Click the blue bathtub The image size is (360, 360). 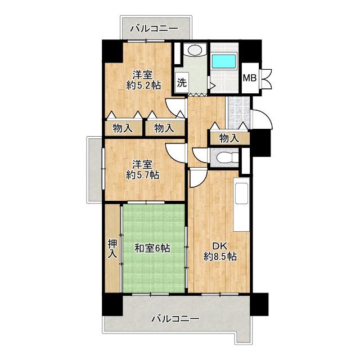click(x=224, y=61)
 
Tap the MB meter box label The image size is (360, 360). click(x=250, y=78)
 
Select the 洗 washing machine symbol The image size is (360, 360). click(x=182, y=82)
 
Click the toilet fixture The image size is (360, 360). click(x=226, y=157)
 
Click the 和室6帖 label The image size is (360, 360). click(x=152, y=248)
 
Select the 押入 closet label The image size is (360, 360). click(x=112, y=249)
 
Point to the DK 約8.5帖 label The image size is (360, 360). click(x=220, y=251)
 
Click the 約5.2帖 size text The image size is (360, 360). click(x=143, y=85)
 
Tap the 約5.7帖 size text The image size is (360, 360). click(x=142, y=175)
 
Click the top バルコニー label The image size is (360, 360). click(x=154, y=29)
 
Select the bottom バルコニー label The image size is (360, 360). click(x=175, y=319)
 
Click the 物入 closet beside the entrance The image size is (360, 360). click(x=229, y=138)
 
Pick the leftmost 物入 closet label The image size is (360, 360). click(x=123, y=128)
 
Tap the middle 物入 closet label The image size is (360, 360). click(x=164, y=128)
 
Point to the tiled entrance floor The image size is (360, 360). click(x=238, y=112)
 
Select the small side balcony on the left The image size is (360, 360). click(x=94, y=170)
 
